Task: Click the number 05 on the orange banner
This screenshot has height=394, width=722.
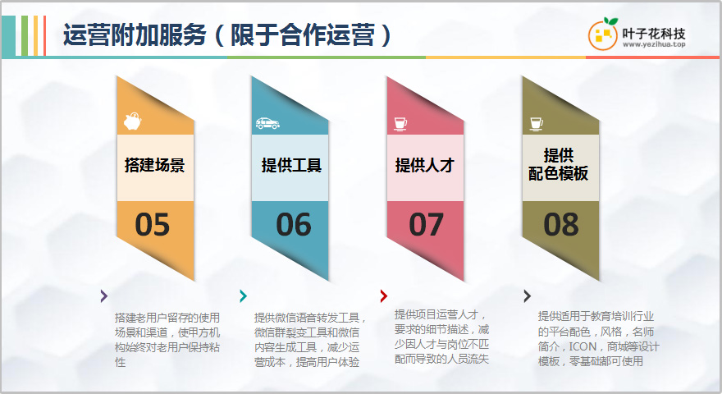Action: coord(152,224)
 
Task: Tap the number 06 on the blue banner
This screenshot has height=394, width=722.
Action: coord(294,224)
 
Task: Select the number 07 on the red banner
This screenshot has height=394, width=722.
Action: coord(426,224)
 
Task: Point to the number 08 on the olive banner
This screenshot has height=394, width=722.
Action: coord(561,224)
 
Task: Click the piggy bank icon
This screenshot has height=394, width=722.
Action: coord(133,121)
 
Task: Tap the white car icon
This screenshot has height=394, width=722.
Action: coord(267,123)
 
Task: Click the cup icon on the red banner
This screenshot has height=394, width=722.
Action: coord(400,124)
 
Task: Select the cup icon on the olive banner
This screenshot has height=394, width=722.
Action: coord(536,124)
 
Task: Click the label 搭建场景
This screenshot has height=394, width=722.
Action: coord(155,165)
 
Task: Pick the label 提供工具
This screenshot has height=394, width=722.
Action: coord(291,165)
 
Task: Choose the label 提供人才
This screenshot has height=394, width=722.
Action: coord(424,165)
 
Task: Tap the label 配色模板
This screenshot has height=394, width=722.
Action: coord(558,174)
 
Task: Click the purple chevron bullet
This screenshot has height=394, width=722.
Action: coord(104,295)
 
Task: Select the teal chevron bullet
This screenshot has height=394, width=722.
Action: coord(243,295)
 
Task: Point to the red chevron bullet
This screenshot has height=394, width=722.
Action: coord(384,295)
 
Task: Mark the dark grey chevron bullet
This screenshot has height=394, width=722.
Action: coord(528,295)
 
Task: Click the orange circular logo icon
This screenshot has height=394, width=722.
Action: coord(603,34)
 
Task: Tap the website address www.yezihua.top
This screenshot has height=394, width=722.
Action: coord(654,44)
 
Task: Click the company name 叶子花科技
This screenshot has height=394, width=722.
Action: coord(654,33)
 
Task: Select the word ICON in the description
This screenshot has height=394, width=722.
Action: coord(583,346)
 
